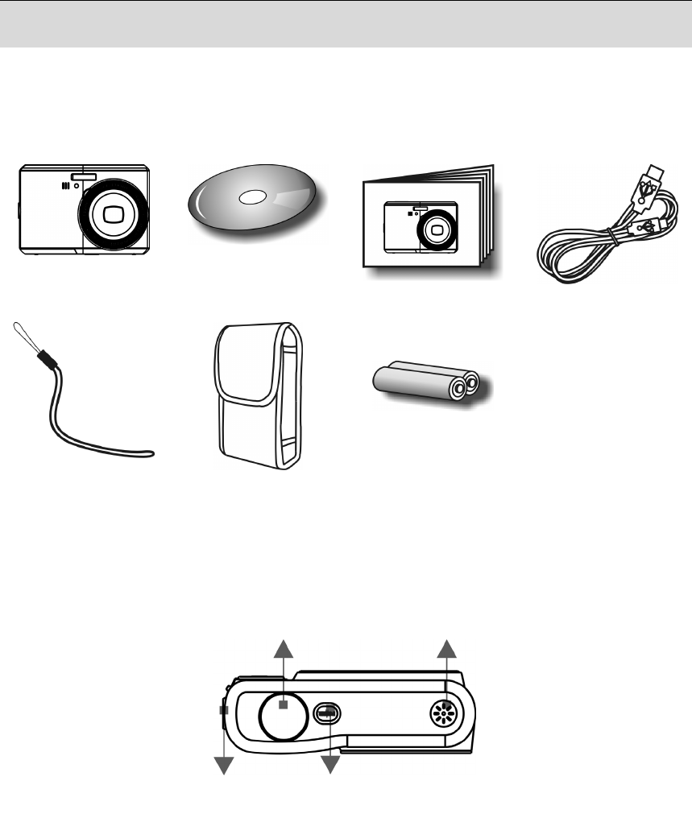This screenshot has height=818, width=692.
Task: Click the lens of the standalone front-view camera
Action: [112, 214]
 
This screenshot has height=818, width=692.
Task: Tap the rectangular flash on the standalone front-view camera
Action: [83, 177]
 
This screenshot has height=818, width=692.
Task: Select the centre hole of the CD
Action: [252, 197]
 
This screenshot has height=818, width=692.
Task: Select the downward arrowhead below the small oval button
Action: [329, 766]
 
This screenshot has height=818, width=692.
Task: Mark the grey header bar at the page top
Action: [346, 23]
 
